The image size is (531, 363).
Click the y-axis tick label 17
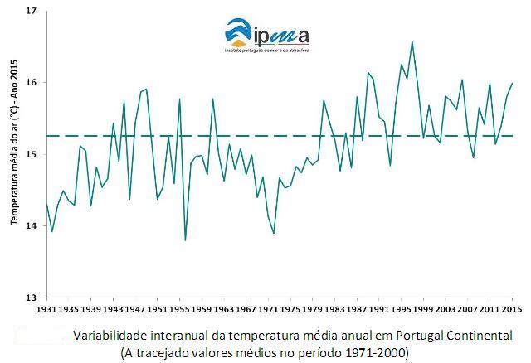point(31,12)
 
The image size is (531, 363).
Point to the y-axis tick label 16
point(31,83)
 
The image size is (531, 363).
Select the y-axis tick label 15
point(31,155)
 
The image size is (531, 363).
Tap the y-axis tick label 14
point(31,226)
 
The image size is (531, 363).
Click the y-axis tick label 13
point(31,298)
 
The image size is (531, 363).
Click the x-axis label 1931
point(47,310)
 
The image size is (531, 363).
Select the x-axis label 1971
point(268,310)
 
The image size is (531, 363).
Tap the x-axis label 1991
point(378,310)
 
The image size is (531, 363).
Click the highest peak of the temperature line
point(412,41)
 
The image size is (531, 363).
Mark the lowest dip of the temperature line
point(185,240)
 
